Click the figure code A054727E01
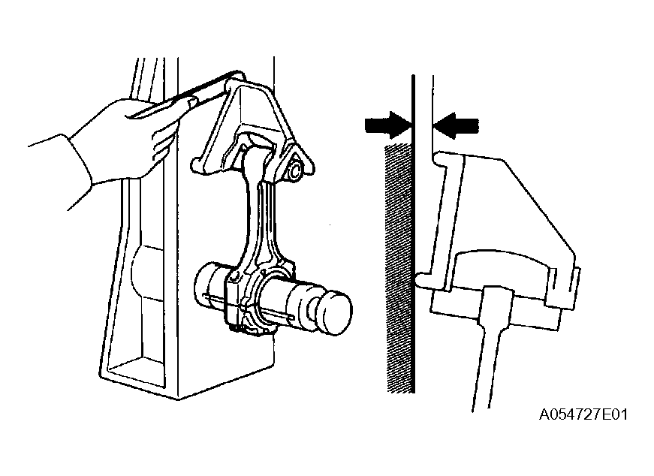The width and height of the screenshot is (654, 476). coord(583,414)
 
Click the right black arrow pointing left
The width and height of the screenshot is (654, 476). coord(456,125)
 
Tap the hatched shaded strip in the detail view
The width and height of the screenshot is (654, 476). coord(399,268)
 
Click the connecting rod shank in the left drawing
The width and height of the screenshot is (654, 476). coord(257,217)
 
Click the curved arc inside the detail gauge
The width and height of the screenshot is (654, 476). coord(501,258)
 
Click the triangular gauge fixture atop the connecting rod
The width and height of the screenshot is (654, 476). coord(250,125)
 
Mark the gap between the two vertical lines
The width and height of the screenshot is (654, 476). coord(423,125)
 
